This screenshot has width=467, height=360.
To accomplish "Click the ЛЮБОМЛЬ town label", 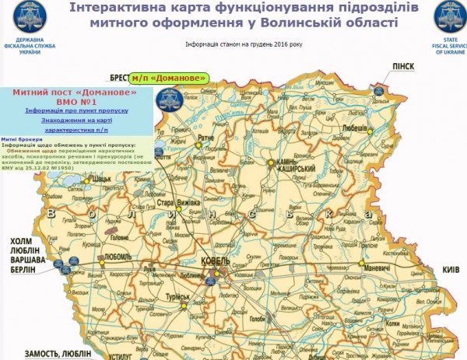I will pos(117,255).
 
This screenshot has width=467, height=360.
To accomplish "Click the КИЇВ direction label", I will pos(451,269).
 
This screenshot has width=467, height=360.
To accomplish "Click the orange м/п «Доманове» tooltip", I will pos(169,78).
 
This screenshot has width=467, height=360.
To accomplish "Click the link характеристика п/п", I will pos(75,131).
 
